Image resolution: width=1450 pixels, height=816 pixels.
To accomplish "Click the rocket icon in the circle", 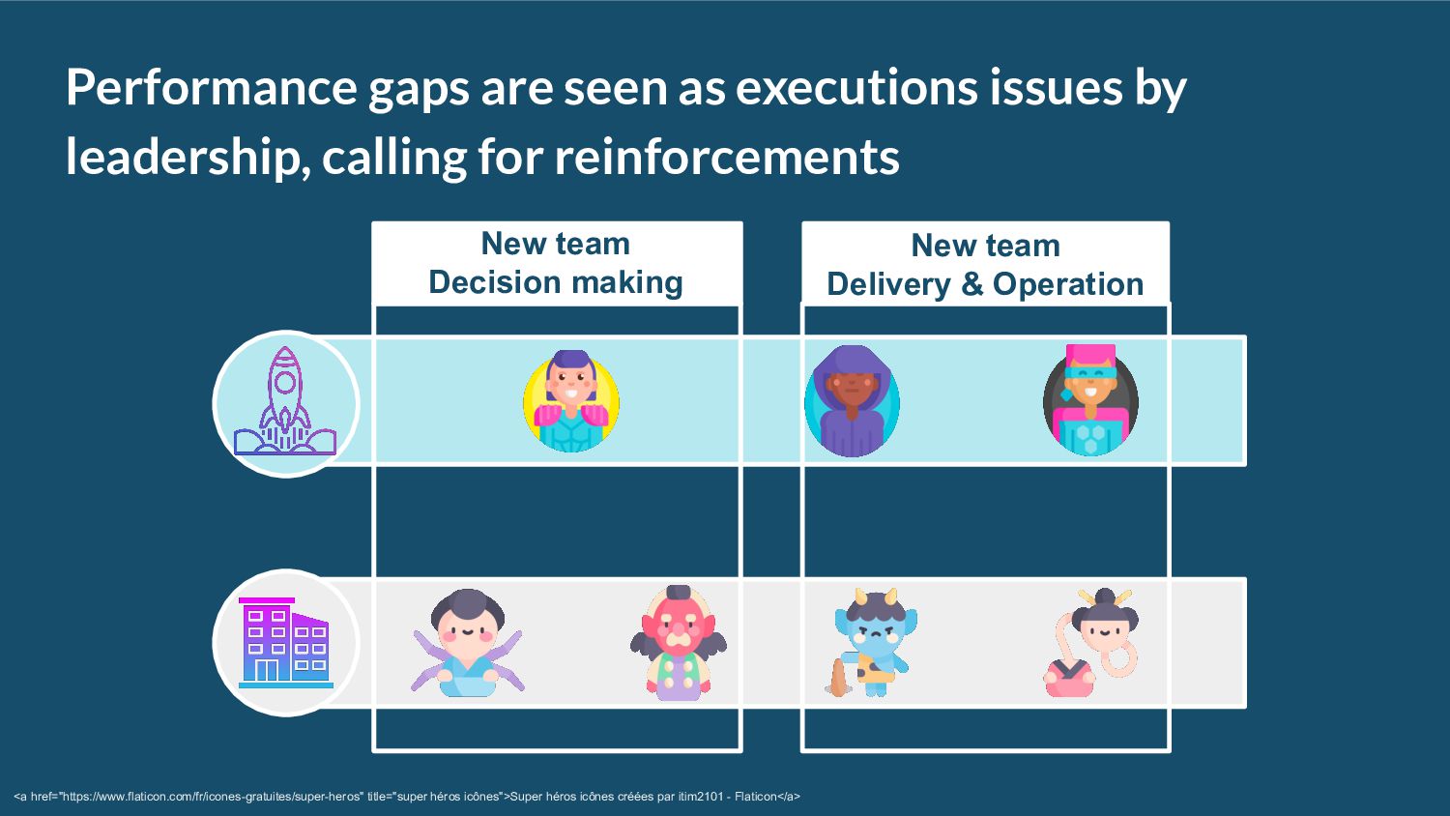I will pyautogui.click(x=285, y=402).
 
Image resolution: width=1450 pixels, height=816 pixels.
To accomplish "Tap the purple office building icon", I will pyautogui.click(x=285, y=643).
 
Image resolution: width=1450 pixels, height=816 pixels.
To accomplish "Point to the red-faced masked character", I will pyautogui.click(x=679, y=643).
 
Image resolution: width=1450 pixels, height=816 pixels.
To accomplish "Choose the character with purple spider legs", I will pyautogui.click(x=468, y=643).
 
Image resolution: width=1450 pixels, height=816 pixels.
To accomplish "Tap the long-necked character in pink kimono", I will pyautogui.click(x=1092, y=643).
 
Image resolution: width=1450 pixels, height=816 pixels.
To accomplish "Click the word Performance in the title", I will pyautogui.click(x=211, y=88).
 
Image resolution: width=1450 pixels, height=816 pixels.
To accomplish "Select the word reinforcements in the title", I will pyautogui.click(x=726, y=158).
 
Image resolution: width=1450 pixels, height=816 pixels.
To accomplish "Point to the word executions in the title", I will pyautogui.click(x=856, y=88).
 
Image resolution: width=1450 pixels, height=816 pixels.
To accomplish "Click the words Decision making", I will pyautogui.click(x=556, y=282).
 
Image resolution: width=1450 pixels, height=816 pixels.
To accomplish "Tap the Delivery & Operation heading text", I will pyautogui.click(x=985, y=284).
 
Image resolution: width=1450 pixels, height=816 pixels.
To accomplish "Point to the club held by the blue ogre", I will pyautogui.click(x=837, y=680).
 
